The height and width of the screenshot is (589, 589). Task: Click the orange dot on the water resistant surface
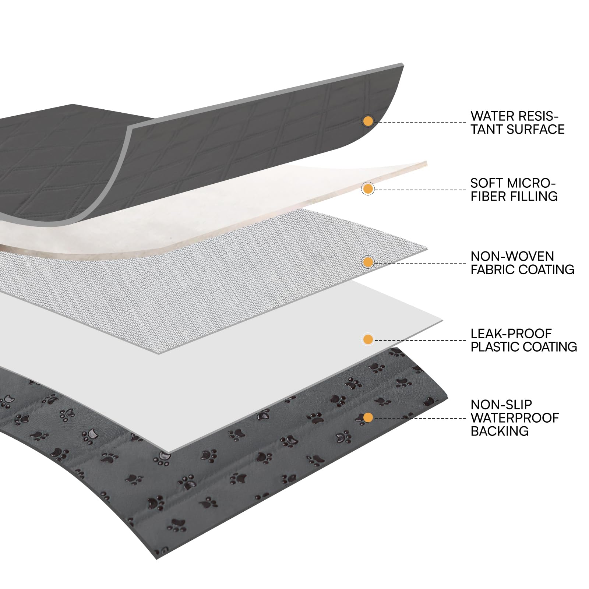pos(368,121)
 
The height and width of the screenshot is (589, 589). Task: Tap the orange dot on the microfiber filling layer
pos(368,189)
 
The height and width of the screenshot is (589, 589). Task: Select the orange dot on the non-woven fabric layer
pos(368,262)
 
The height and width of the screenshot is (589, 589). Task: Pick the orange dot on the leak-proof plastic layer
pos(368,339)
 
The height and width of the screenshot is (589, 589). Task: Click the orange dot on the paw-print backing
pos(368,417)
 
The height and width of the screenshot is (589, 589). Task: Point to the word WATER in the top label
pos(492,116)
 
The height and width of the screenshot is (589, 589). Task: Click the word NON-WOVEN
pos(512,256)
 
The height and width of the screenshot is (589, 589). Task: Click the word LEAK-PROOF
pos(511,334)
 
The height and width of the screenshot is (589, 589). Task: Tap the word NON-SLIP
pos(501,405)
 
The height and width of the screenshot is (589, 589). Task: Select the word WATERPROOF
pos(515,418)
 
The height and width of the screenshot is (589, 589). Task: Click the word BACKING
pos(500,431)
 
